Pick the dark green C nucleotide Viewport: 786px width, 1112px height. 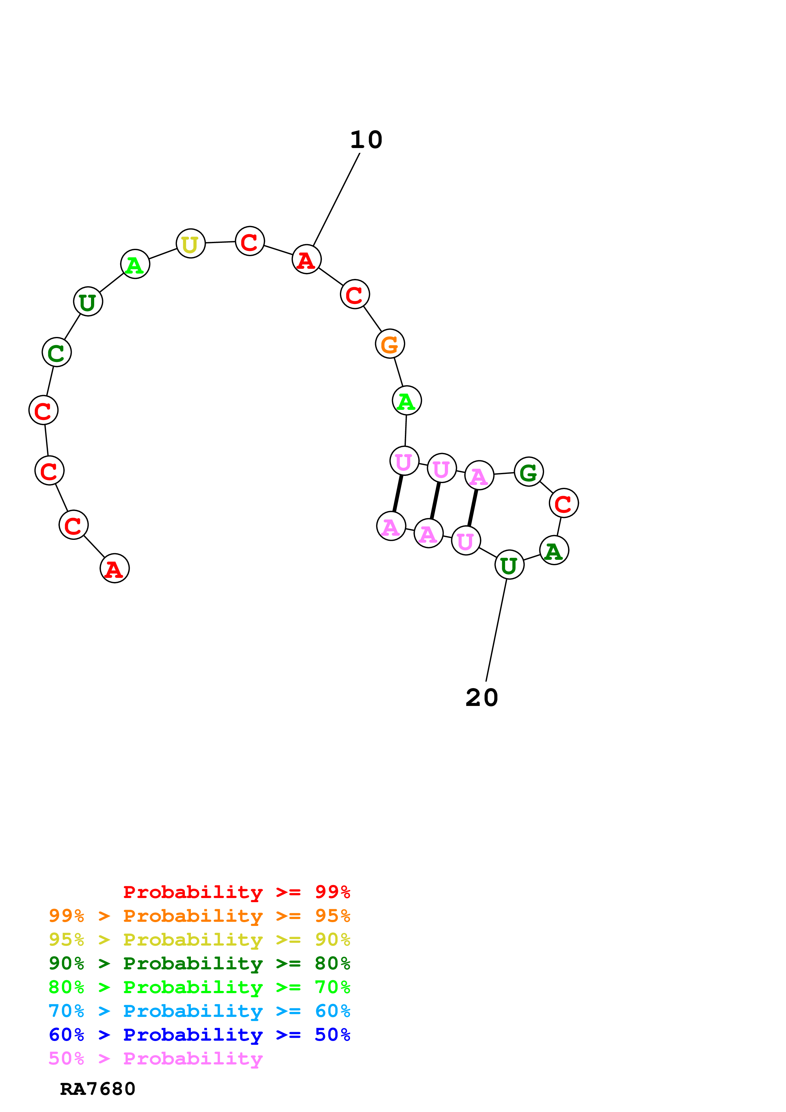(x=57, y=352)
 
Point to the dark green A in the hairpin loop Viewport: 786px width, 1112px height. (x=554, y=551)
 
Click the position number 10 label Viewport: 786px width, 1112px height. (x=366, y=140)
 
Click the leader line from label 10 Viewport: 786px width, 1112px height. (x=337, y=199)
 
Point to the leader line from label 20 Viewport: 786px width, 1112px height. (x=497, y=630)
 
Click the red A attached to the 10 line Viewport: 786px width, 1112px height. (x=307, y=260)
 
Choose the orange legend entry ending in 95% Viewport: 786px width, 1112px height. (x=199, y=916)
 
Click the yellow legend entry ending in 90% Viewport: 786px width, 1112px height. (x=199, y=940)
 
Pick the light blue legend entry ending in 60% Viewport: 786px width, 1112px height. (x=199, y=1011)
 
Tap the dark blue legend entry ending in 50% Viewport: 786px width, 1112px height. (x=199, y=1035)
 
